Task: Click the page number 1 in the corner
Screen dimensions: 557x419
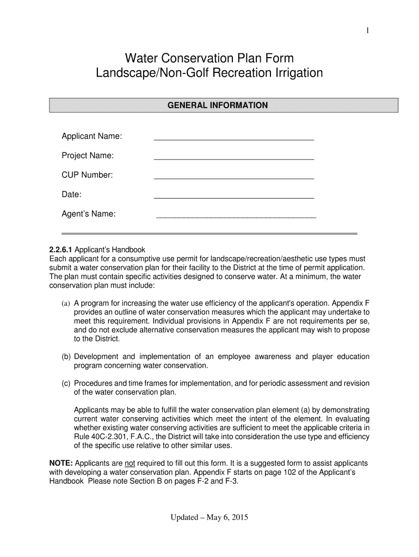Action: click(x=368, y=30)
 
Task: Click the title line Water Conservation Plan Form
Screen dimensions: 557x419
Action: click(x=209, y=58)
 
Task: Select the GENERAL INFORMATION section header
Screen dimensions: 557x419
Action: click(x=217, y=105)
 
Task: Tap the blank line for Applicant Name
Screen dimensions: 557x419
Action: click(x=234, y=139)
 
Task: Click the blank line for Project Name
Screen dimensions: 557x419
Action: click(x=234, y=159)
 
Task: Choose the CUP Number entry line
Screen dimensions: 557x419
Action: click(x=234, y=178)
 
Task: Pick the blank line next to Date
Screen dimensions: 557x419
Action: click(x=234, y=197)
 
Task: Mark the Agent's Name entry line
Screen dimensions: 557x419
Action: click(x=236, y=216)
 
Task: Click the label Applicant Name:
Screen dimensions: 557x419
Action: click(x=91, y=136)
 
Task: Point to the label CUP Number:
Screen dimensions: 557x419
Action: click(x=87, y=175)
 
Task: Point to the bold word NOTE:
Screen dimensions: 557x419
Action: click(x=61, y=463)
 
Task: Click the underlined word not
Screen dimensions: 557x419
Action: click(x=130, y=463)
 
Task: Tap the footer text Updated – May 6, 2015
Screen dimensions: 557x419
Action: click(x=209, y=517)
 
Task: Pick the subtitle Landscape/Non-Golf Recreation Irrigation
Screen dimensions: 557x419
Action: click(x=209, y=73)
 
